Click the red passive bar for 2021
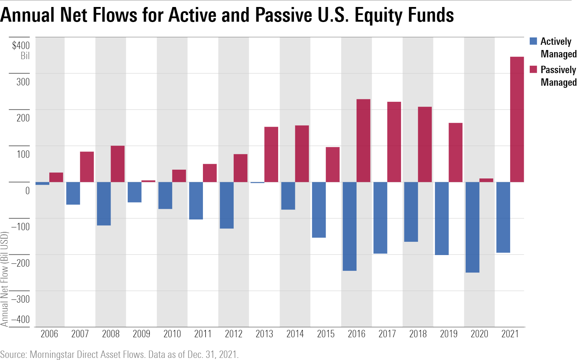pyautogui.click(x=517, y=119)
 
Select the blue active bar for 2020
pyautogui.click(x=472, y=227)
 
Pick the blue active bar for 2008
pyautogui.click(x=104, y=204)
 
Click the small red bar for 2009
pyautogui.click(x=148, y=181)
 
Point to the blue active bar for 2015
pyautogui.click(x=319, y=210)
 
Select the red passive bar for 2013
pyautogui.click(x=271, y=154)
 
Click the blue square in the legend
pyautogui.click(x=533, y=41)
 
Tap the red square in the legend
pyautogui.click(x=533, y=69)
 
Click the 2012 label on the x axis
pyautogui.click(x=233, y=334)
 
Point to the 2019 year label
pyautogui.click(x=449, y=334)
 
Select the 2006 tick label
pyautogui.click(x=49, y=334)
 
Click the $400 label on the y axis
pyautogui.click(x=21, y=45)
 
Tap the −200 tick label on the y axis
pyautogui.click(x=21, y=263)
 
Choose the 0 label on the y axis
pyautogui.click(x=27, y=191)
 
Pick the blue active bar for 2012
pyautogui.click(x=227, y=205)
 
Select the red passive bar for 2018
pyautogui.click(x=425, y=144)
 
